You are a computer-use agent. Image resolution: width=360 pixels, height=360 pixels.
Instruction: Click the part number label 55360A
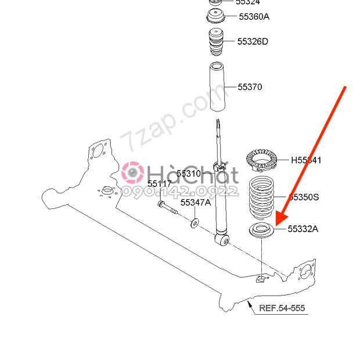(254, 16)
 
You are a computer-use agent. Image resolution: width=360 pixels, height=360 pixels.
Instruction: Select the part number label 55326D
(253, 41)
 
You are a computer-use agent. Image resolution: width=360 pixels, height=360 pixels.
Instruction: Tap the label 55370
(250, 87)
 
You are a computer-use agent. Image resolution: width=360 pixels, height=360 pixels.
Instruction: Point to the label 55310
(188, 174)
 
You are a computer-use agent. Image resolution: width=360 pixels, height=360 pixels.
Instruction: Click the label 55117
(159, 184)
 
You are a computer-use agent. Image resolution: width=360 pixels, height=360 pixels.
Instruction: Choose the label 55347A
(195, 203)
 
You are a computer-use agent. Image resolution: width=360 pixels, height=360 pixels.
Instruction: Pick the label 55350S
(304, 197)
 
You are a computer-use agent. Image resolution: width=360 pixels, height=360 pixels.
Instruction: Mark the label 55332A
(303, 229)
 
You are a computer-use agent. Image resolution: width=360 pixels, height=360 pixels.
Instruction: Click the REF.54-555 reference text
(282, 308)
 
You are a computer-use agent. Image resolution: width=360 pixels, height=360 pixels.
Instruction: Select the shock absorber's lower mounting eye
(222, 238)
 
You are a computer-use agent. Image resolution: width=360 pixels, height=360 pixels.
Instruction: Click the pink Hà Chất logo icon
(133, 172)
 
